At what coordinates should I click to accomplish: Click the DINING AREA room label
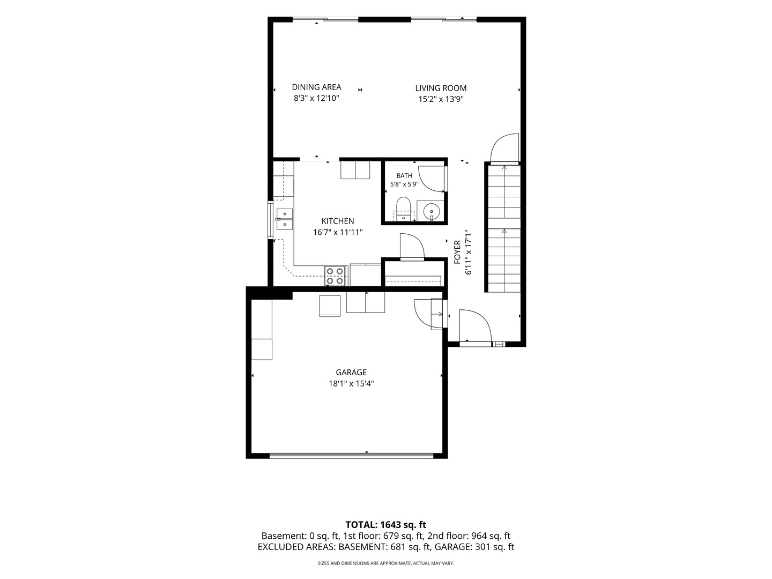[316, 87]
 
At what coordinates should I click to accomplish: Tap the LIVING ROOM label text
[441, 88]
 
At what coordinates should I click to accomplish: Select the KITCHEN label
[338, 221]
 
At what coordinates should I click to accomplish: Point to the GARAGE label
[351, 372]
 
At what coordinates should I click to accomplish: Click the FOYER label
[457, 252]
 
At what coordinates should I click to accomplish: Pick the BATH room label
[404, 176]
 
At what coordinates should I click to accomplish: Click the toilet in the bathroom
[403, 210]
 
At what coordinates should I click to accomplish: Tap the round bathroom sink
[431, 212]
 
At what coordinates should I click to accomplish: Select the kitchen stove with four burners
[335, 276]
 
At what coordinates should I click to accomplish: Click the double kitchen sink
[285, 219]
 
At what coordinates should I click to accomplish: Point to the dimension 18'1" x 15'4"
[351, 383]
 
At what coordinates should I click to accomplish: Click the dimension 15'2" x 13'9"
[441, 99]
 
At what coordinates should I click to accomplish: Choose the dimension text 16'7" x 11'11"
[338, 232]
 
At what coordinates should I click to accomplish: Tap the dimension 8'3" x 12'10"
[316, 98]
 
